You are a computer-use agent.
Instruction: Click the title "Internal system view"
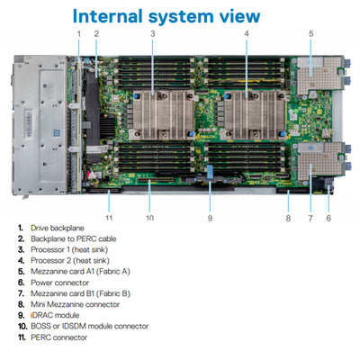(x=166, y=16)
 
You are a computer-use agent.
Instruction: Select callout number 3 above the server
(x=153, y=34)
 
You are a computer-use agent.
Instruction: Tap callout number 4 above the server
(x=246, y=34)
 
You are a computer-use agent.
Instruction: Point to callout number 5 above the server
(x=310, y=34)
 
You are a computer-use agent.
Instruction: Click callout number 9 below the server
(x=210, y=217)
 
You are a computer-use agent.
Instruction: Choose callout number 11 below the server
(x=108, y=217)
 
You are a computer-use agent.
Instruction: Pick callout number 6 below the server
(x=328, y=217)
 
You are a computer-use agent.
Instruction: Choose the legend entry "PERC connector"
(x=57, y=337)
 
